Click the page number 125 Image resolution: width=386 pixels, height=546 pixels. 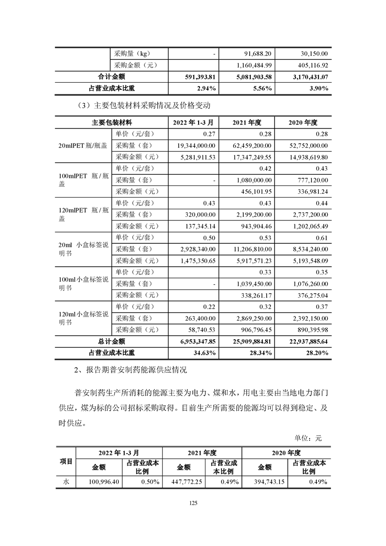pos(193,504)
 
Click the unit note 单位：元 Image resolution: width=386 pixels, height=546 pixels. pos(309,438)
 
